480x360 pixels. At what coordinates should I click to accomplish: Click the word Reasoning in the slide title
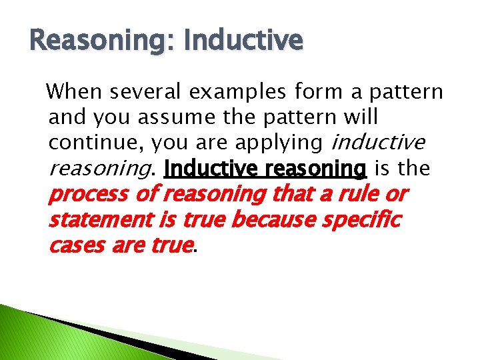[x=96, y=41]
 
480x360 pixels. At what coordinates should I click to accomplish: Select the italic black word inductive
[x=377, y=143]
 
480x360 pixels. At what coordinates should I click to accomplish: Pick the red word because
[x=275, y=220]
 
